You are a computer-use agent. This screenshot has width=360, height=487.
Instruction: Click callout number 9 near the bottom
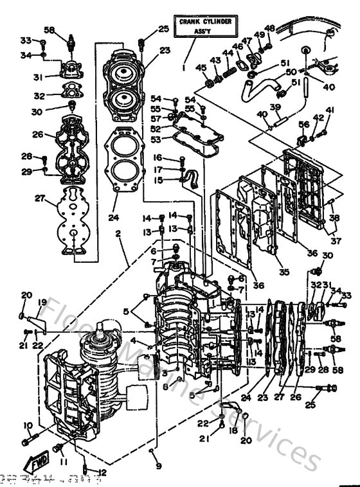pyautogui.click(x=158, y=466)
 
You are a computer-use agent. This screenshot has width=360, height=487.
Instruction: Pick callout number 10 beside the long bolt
pyautogui.click(x=28, y=425)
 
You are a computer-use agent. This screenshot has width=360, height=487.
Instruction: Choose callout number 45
pyautogui.click(x=200, y=69)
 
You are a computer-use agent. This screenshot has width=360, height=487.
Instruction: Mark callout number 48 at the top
pyautogui.click(x=269, y=28)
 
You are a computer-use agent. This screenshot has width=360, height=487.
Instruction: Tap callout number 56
pyautogui.click(x=304, y=125)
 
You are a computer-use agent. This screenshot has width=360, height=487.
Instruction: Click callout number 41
pyautogui.click(x=330, y=111)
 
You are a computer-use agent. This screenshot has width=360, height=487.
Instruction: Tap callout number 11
pyautogui.click(x=63, y=461)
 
